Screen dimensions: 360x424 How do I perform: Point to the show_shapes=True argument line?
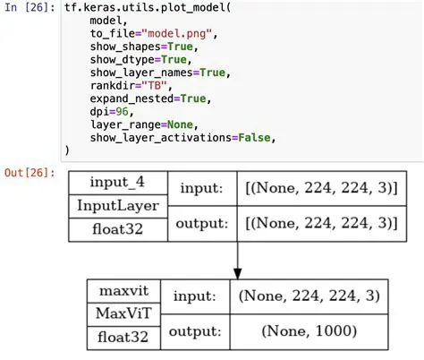[x=135, y=47]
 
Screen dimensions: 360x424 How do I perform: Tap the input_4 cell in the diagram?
[x=118, y=183]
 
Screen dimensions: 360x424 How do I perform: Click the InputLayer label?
[x=118, y=205]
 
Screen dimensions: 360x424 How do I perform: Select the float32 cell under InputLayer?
[x=118, y=227]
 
